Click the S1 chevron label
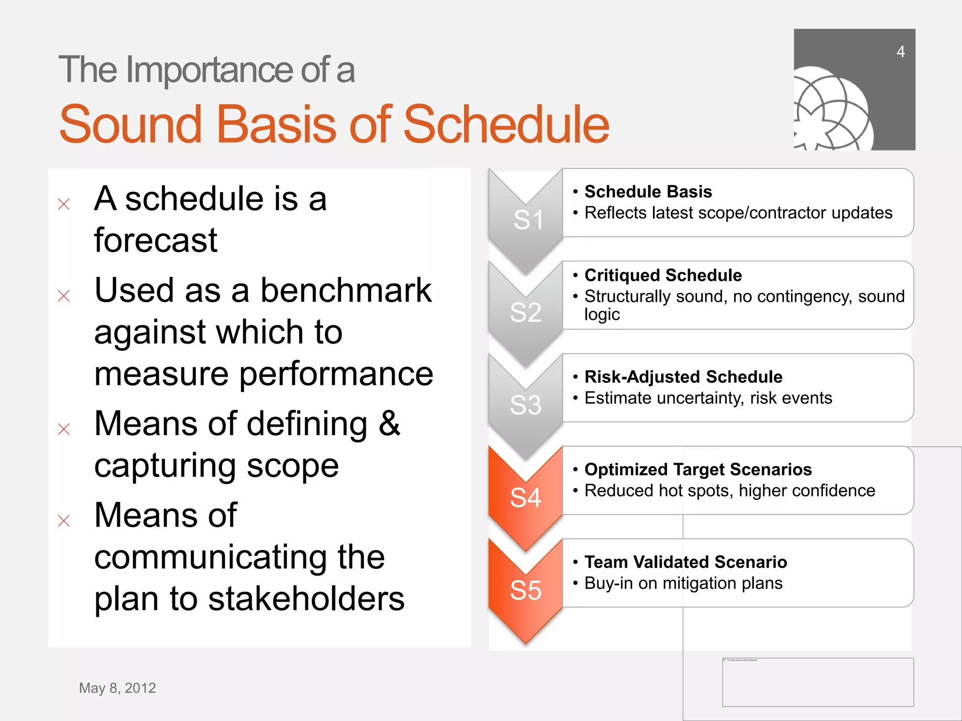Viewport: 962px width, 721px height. coord(528,220)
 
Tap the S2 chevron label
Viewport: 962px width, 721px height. coord(526,312)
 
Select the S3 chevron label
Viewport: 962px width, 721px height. coord(526,405)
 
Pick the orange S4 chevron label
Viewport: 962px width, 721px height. coord(526,498)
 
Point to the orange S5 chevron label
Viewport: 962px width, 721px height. coord(526,590)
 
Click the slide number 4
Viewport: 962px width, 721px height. coord(900,52)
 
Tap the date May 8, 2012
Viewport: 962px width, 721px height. coord(117,688)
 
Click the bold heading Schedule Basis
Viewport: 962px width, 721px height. coord(648,192)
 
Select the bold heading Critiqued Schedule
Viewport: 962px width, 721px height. coord(663,275)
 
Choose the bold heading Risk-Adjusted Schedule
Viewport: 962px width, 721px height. coord(683,376)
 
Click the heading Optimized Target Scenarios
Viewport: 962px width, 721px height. coord(698,469)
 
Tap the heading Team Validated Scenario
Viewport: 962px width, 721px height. coord(685,562)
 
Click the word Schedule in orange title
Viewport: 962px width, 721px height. coord(506,124)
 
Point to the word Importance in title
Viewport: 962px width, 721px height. coord(210,70)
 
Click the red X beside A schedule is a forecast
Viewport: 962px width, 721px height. coord(64,204)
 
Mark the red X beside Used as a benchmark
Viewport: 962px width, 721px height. coord(64,296)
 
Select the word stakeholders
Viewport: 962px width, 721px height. coord(306,599)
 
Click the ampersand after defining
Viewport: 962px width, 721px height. coord(389,423)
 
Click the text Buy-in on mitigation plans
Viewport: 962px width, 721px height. coord(683,583)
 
